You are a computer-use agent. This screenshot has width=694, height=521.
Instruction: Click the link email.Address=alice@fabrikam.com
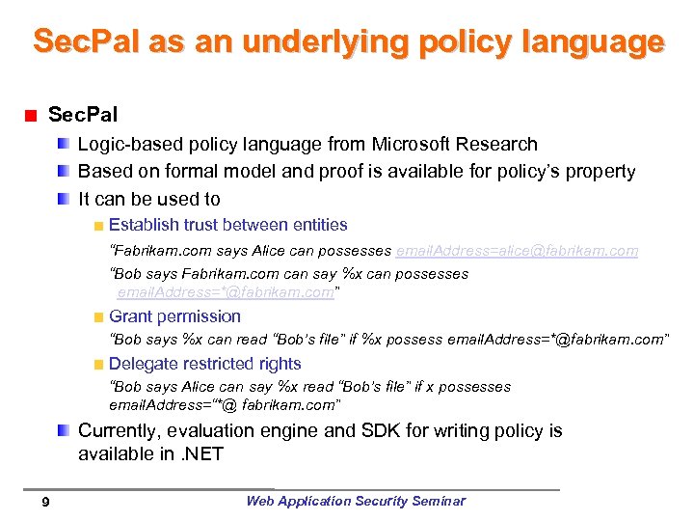tap(517, 251)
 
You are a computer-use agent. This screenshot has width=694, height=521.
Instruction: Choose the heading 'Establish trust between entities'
tap(227, 225)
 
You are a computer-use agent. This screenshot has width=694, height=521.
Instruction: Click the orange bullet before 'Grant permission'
tap(98, 317)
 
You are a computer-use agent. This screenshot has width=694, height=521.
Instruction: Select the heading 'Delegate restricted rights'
tap(204, 364)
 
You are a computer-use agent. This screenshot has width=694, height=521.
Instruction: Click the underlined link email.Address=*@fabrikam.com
tap(226, 292)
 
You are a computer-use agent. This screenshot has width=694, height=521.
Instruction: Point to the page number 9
tap(46, 502)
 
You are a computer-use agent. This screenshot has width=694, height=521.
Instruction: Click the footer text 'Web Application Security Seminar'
tap(355, 501)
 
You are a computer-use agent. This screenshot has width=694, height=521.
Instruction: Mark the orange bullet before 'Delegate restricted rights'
tap(98, 365)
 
